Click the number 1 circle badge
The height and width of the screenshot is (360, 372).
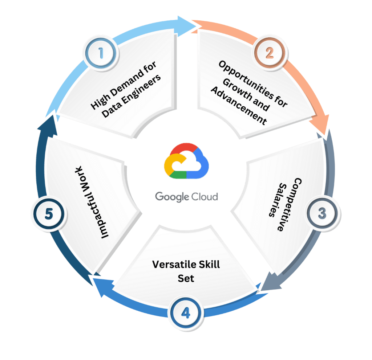tap(101, 53)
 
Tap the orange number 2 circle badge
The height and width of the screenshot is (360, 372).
tap(269, 53)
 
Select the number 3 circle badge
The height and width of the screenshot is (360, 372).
tap(322, 213)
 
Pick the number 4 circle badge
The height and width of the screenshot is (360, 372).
tap(186, 312)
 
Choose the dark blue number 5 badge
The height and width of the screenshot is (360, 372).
tap(49, 214)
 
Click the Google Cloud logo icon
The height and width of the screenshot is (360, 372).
tap(186, 162)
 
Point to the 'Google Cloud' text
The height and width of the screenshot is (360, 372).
tap(186, 197)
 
